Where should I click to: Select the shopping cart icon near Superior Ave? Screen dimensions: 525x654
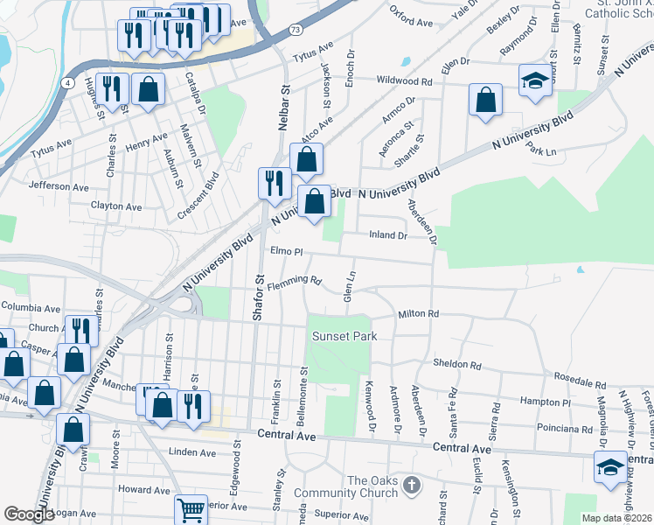191,509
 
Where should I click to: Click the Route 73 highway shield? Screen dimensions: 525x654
298,30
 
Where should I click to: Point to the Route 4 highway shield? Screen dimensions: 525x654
67,82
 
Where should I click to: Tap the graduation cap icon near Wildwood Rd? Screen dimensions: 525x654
535,83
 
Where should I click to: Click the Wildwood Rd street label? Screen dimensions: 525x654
404,80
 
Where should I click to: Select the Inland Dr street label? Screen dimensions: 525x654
388,235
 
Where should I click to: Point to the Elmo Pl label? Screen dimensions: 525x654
286,252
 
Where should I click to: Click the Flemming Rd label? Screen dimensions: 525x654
296,281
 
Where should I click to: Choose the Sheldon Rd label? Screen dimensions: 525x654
457,364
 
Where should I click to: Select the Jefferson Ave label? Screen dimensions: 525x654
59,186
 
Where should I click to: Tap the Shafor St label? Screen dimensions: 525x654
258,298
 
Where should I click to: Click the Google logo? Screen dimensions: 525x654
29,514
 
